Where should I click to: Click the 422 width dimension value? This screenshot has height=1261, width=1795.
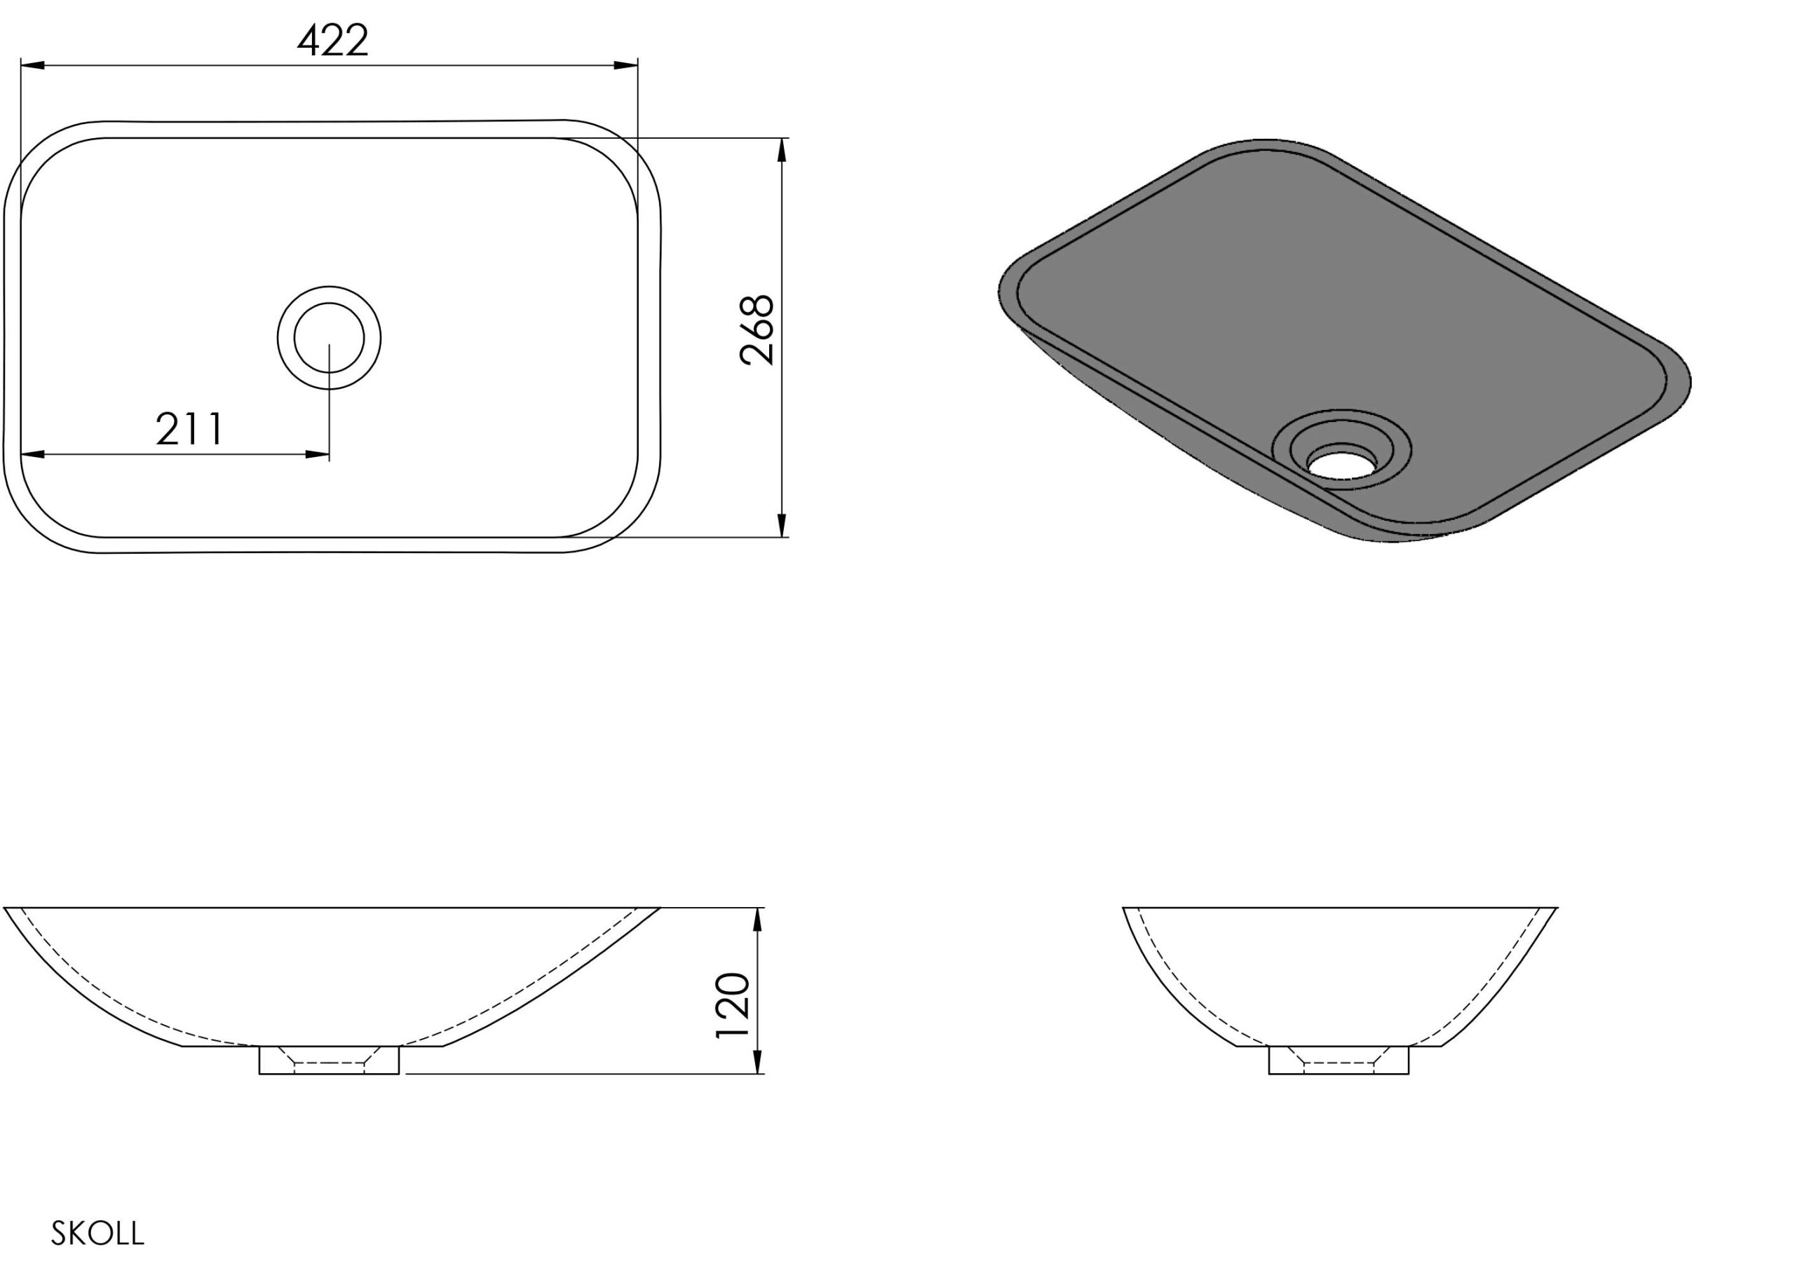point(332,41)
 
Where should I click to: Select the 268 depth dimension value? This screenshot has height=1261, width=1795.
point(757,330)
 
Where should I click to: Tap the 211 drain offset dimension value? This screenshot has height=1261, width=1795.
point(190,428)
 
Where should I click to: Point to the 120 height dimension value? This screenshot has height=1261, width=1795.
point(733,1005)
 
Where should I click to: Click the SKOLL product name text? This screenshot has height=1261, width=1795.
point(97,1233)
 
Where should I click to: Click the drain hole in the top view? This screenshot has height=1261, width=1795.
point(329,338)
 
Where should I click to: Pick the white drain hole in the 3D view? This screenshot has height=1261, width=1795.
point(1341,461)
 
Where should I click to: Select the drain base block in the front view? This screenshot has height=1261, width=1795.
point(329,1060)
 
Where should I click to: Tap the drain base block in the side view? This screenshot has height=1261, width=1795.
point(1339,1060)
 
